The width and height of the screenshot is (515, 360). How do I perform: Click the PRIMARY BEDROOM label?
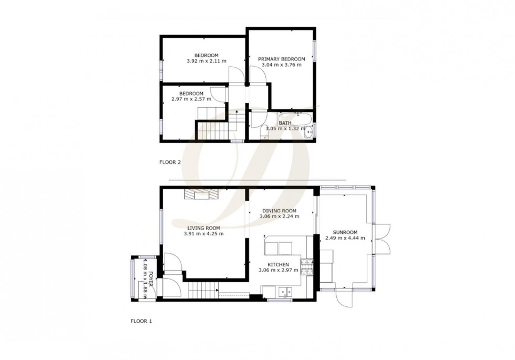281,59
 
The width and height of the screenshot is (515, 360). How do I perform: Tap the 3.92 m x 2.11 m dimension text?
206,61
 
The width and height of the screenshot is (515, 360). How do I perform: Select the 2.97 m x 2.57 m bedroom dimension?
191,98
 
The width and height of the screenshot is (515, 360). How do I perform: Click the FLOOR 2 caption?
170,162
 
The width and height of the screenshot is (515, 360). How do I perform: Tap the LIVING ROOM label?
202,228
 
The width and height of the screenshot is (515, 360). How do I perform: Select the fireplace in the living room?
199,194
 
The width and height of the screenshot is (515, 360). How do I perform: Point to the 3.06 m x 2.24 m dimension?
279,216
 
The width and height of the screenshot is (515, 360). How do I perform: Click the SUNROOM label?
345,232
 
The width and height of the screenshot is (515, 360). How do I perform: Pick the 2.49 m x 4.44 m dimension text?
345,238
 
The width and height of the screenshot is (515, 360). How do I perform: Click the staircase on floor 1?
203,289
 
